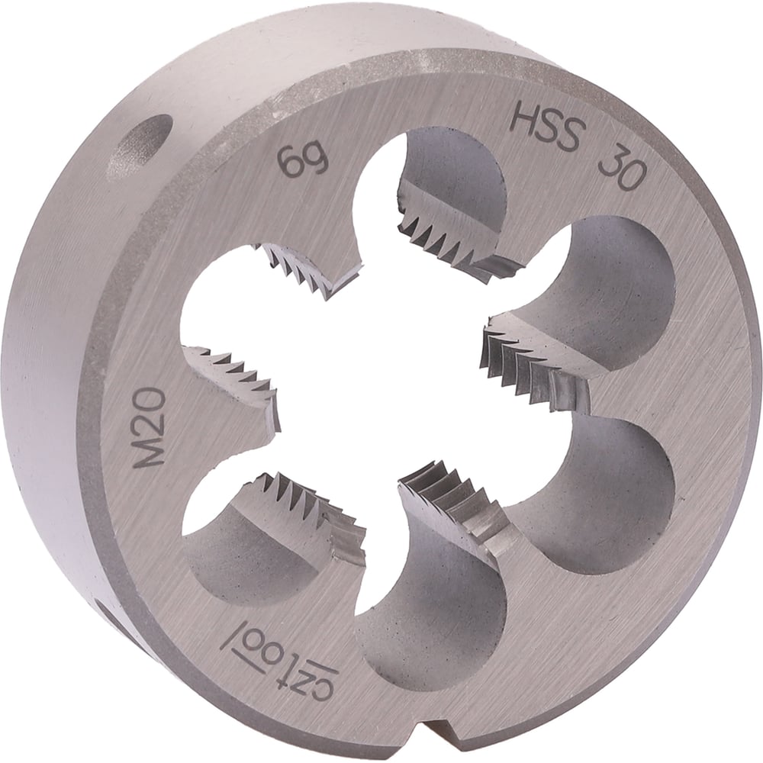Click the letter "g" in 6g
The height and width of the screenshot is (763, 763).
pos(317,163)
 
